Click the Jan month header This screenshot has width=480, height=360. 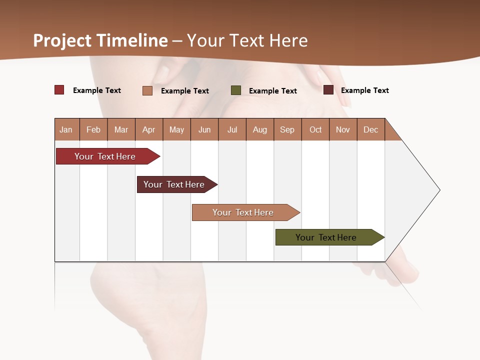[x=66, y=129]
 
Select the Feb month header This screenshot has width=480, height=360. [x=93, y=129]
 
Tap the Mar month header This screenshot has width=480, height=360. [x=121, y=129]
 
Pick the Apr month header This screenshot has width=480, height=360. [x=149, y=129]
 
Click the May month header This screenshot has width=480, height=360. [x=176, y=129]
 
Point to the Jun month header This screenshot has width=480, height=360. [x=204, y=129]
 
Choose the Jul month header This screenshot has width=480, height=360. [x=232, y=129]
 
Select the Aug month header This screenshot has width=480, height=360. [x=260, y=129]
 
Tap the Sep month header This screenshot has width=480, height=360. [x=287, y=129]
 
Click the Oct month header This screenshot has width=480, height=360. [x=315, y=129]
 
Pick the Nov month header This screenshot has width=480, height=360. [x=343, y=129]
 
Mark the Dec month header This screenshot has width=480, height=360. [x=371, y=129]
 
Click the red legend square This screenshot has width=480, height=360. [x=59, y=90]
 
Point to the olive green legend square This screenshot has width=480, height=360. [x=236, y=90]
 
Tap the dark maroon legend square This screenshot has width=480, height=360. [x=328, y=90]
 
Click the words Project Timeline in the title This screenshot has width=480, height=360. [x=100, y=40]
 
